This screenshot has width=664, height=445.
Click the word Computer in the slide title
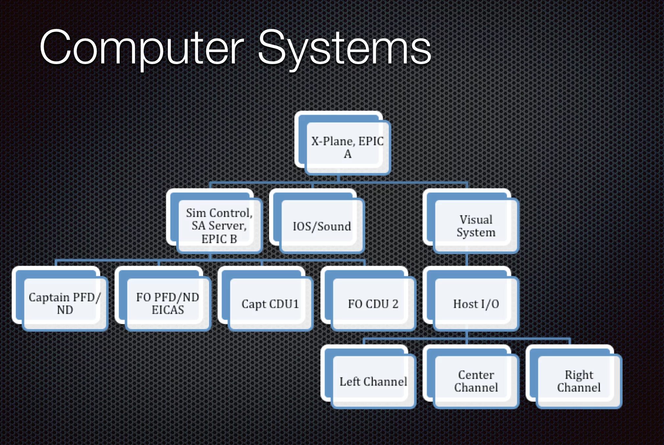[141, 48]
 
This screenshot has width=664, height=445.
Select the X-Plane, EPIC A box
[347, 147]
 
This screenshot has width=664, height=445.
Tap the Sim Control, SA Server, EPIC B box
[219, 226]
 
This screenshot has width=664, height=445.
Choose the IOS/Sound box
[322, 226]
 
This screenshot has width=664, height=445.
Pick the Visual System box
[476, 226]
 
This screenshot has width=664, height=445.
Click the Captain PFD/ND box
[65, 303]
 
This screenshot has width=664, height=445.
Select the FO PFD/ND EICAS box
[168, 303]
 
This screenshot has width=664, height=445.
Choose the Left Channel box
[373, 381]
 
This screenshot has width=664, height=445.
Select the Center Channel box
[476, 381]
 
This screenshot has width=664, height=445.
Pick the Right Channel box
[579, 381]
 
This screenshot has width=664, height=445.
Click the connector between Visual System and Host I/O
[467, 260]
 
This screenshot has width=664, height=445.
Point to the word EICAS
[168, 310]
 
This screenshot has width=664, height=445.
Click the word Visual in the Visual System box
[476, 220]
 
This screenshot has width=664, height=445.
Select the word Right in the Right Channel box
[579, 375]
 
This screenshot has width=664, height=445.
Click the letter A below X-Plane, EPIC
[347, 154]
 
